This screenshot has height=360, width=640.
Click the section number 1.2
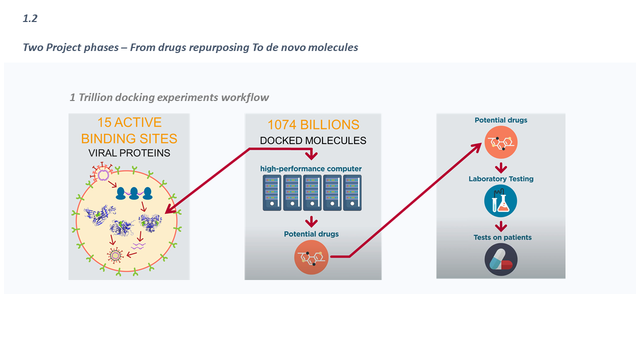coord(30,19)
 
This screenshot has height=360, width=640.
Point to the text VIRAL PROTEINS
coord(129,153)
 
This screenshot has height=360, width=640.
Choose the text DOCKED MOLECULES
coord(313,140)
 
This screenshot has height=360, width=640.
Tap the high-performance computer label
coord(310,168)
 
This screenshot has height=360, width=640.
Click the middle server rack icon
coord(312,192)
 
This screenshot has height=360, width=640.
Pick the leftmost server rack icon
coord(272,192)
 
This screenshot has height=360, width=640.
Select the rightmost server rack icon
coord(352,192)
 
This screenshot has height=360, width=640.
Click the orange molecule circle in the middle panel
coord(311,257)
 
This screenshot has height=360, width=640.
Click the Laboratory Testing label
coord(501,178)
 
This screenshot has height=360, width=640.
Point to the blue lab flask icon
coord(500,201)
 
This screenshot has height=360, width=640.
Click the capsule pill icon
coord(500,260)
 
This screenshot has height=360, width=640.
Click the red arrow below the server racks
coord(312,221)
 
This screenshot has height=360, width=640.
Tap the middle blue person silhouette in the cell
coord(133,193)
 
